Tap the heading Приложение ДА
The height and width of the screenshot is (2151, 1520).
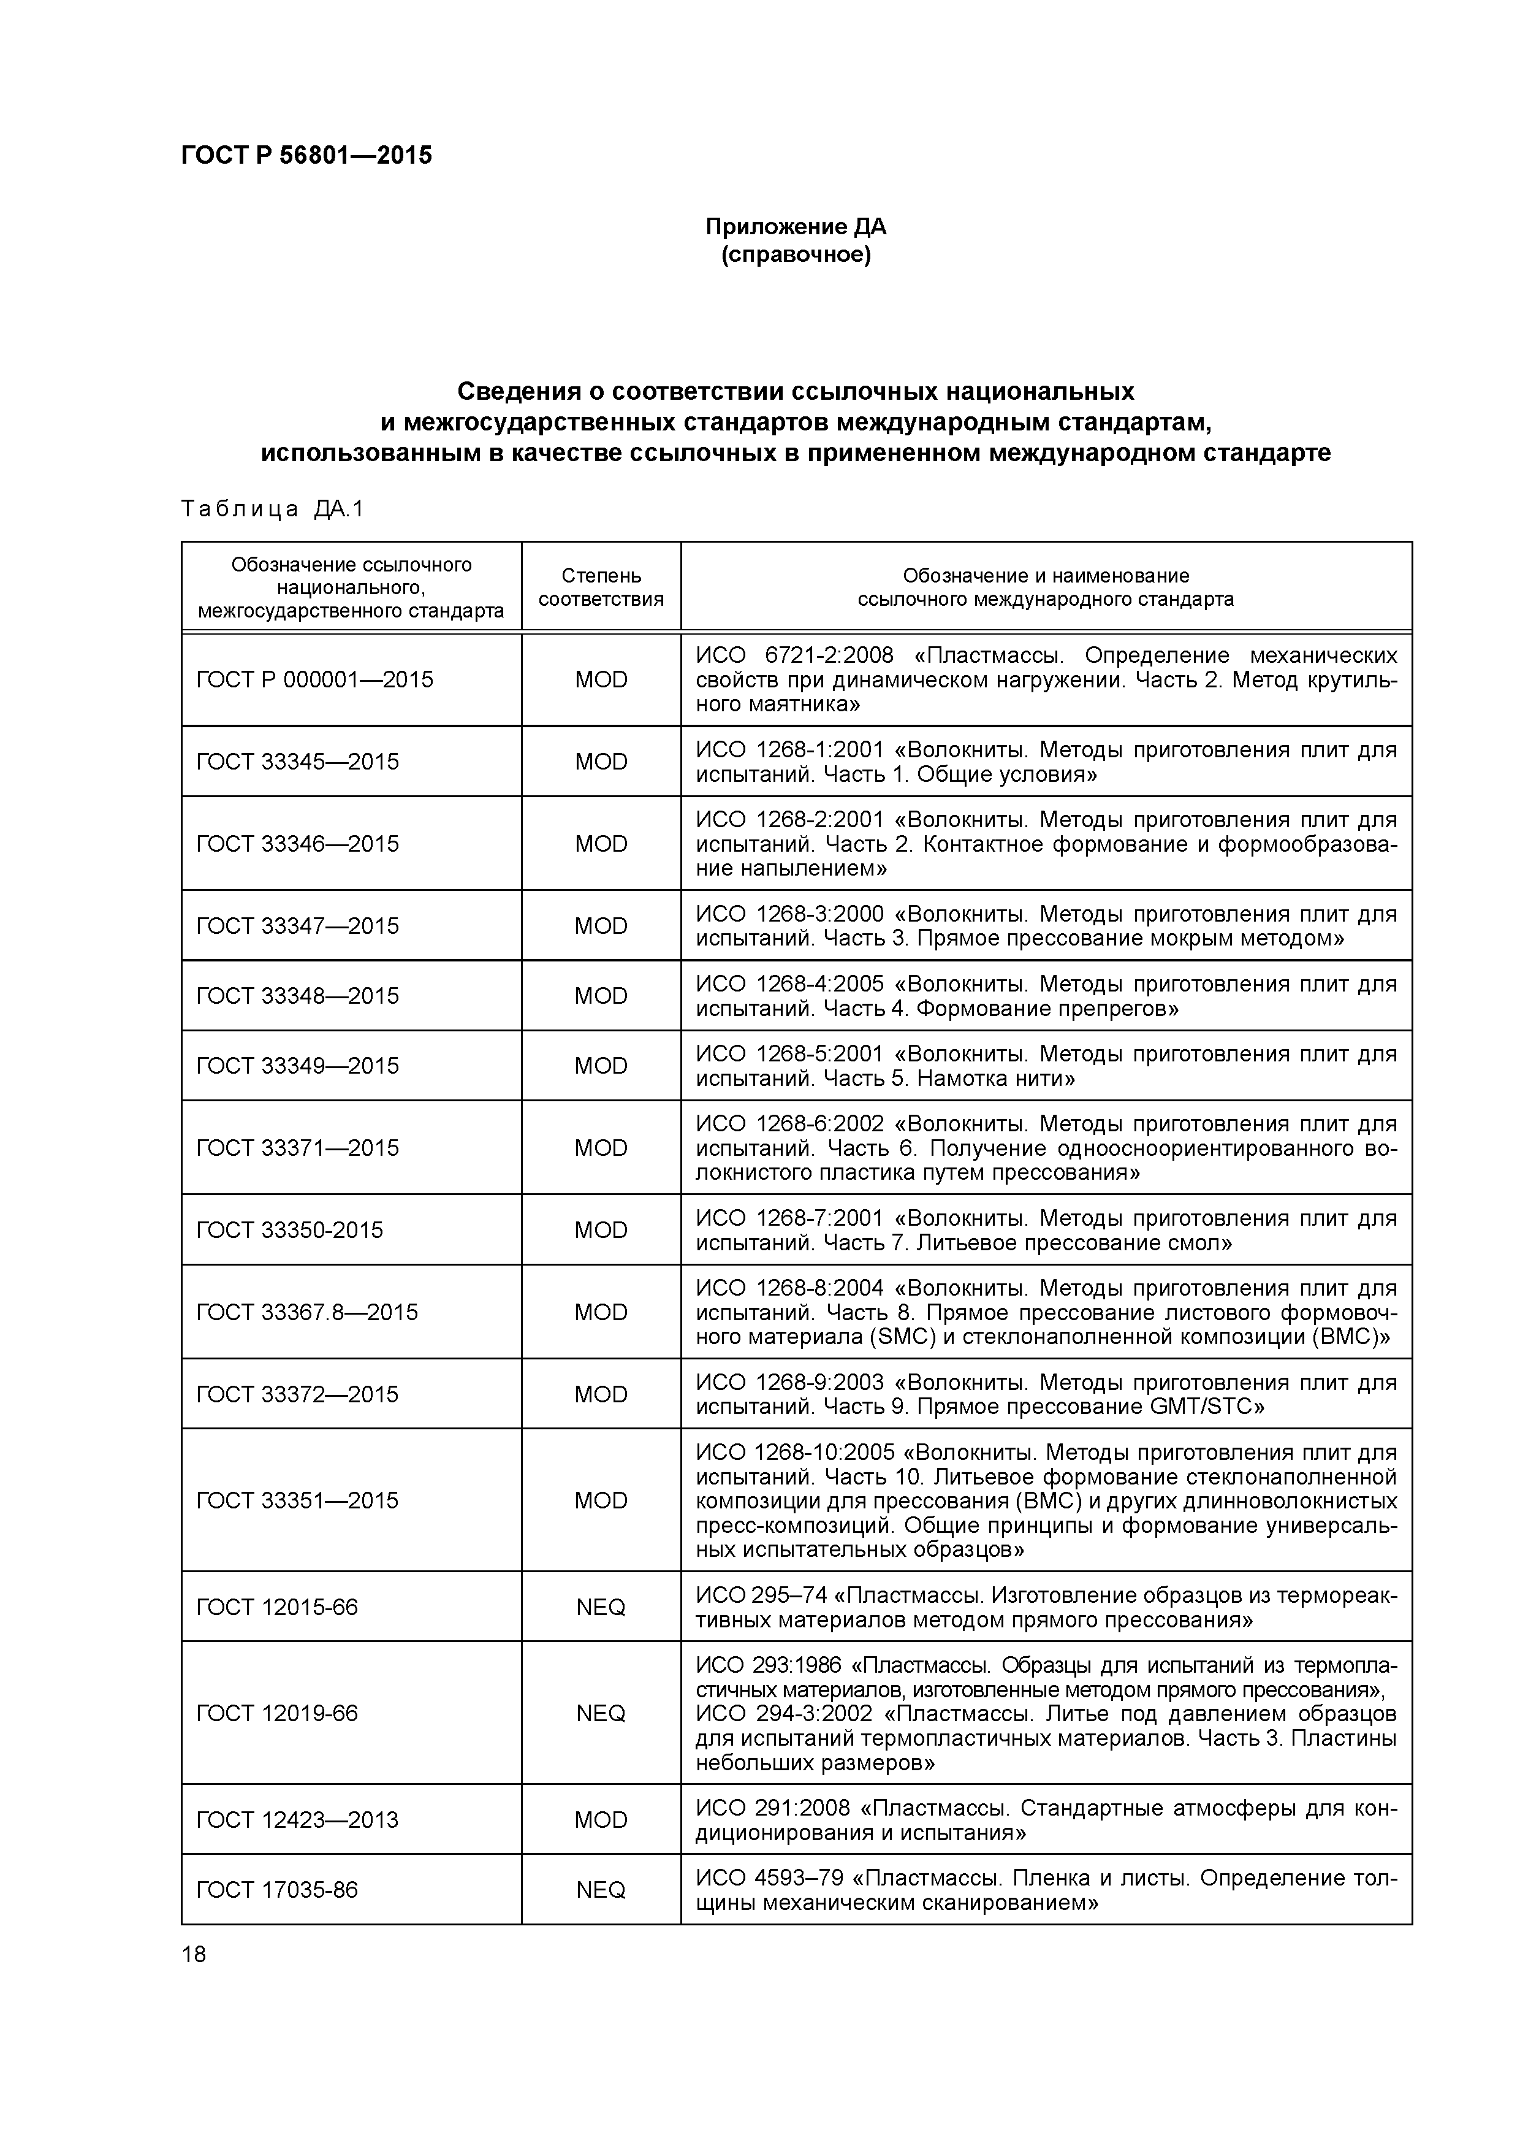(x=795, y=227)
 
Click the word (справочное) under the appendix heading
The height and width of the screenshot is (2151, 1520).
(x=795, y=255)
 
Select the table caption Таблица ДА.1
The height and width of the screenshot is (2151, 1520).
(x=272, y=509)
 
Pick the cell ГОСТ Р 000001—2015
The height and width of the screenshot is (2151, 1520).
(x=314, y=679)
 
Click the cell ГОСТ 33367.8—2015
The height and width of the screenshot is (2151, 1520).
(x=307, y=1312)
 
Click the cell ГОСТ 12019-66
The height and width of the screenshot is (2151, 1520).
(x=277, y=1713)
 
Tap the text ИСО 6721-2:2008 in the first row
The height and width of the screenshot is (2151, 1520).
(x=794, y=655)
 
